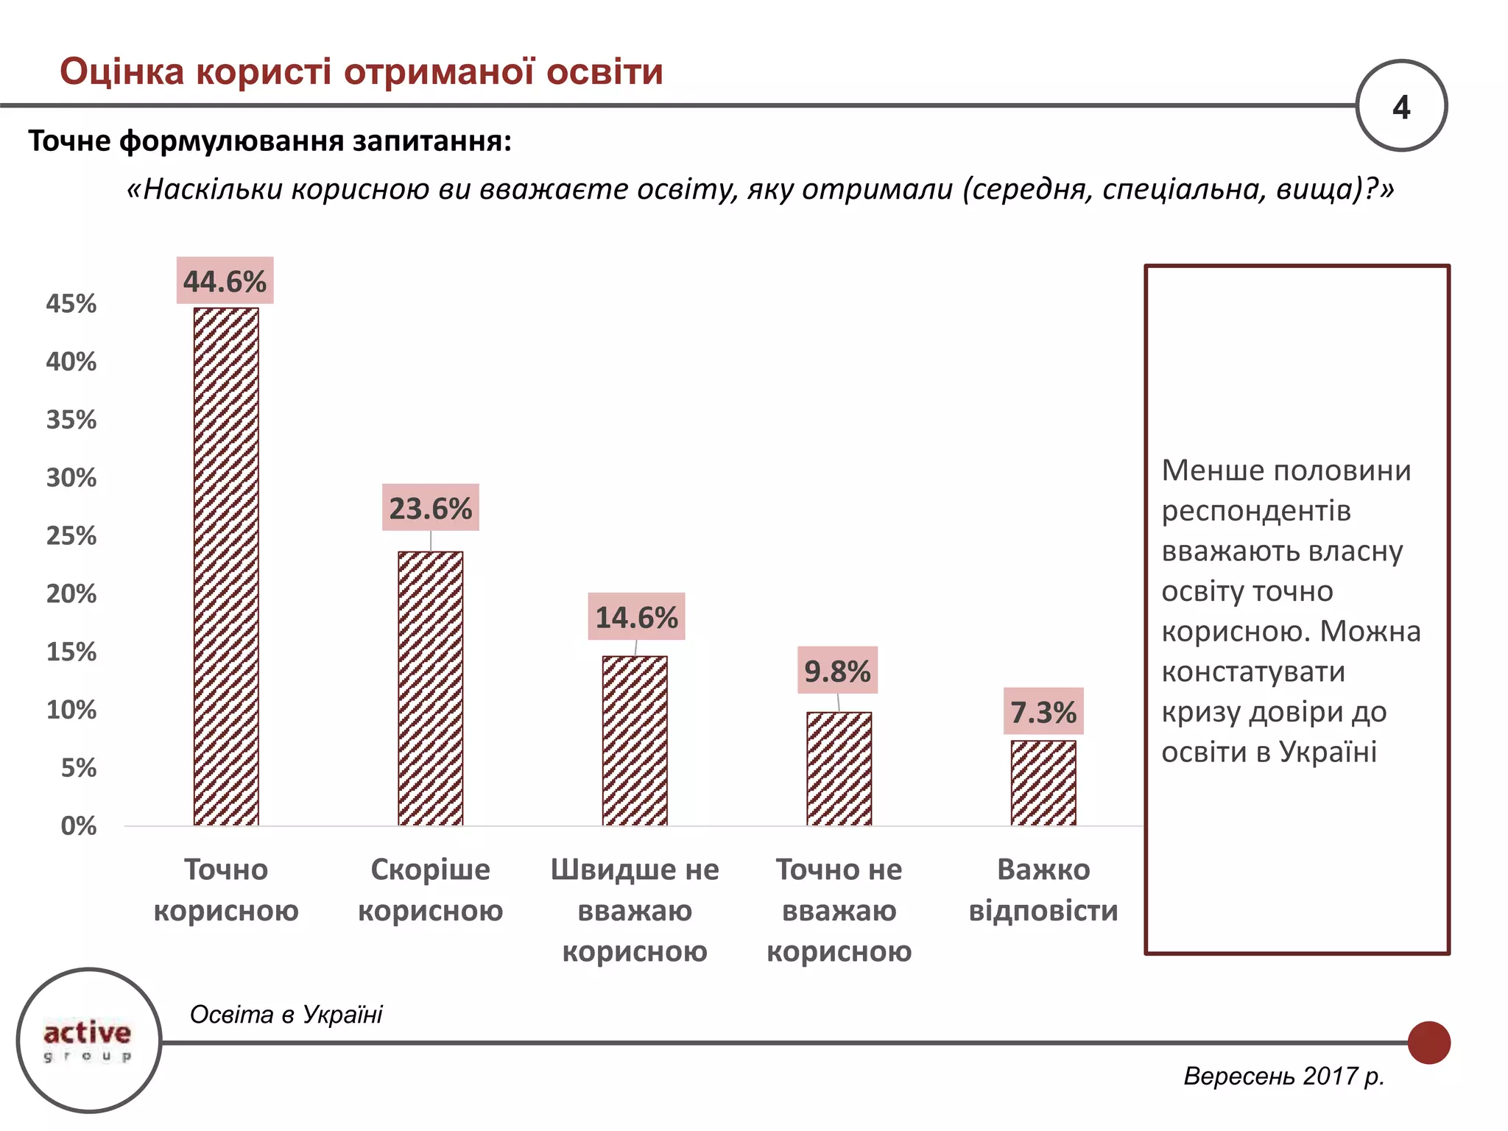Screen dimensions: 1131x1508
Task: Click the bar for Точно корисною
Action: [226, 567]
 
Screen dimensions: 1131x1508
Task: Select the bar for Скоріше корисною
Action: [430, 688]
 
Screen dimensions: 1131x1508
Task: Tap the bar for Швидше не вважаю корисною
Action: [635, 741]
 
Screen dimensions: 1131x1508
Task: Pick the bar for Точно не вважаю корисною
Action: [839, 769]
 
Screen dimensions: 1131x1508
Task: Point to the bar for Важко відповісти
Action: [1043, 783]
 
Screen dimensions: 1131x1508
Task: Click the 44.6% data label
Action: [225, 281]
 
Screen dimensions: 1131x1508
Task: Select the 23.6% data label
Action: [430, 508]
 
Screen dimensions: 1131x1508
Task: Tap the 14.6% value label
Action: [636, 617]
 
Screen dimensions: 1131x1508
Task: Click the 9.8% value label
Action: [837, 671]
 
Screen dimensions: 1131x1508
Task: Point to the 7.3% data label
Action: [1043, 712]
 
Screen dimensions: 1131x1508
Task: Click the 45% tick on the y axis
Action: [71, 303]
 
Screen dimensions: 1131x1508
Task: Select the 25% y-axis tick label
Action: [71, 535]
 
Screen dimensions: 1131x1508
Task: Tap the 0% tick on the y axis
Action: [78, 825]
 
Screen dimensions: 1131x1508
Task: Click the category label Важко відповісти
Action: [1043, 889]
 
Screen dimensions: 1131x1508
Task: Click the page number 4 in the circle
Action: [1400, 107]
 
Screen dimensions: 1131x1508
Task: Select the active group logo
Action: [88, 1040]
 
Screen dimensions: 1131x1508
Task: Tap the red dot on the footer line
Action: [1428, 1042]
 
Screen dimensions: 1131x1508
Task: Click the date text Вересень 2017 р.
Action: [1283, 1076]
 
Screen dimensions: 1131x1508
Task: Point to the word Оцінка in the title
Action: [121, 72]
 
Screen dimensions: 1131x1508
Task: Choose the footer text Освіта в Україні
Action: [286, 1014]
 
